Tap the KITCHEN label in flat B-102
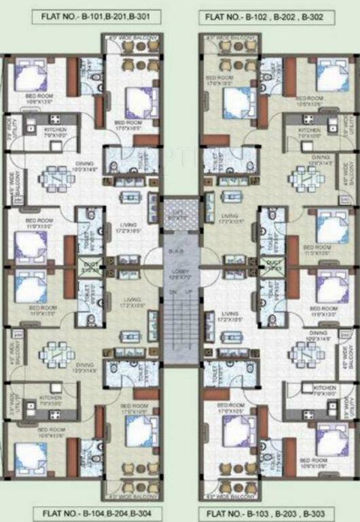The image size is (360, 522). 310,130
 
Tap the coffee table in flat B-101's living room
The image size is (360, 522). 129,197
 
